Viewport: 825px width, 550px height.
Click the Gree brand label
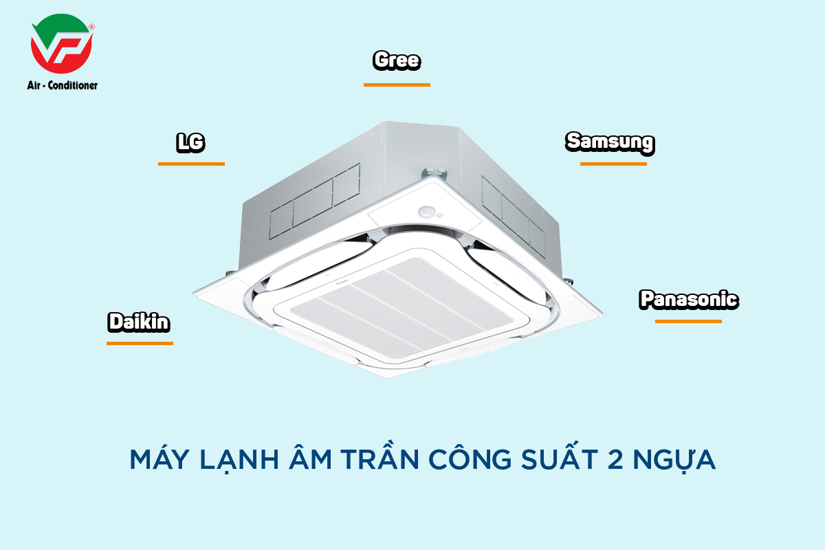point(397,61)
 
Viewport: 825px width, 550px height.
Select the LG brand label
point(191,143)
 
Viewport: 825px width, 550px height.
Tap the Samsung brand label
point(610,142)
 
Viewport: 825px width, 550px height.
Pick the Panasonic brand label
point(689,300)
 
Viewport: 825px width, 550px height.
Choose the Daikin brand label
point(139,322)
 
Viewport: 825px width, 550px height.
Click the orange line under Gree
point(397,85)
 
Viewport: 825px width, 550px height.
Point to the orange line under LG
point(191,164)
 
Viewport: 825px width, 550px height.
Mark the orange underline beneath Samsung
point(613,164)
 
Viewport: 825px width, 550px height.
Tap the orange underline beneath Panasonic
point(688,321)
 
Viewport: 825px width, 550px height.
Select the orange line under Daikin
point(140,342)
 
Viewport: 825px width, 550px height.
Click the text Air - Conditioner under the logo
point(63,85)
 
